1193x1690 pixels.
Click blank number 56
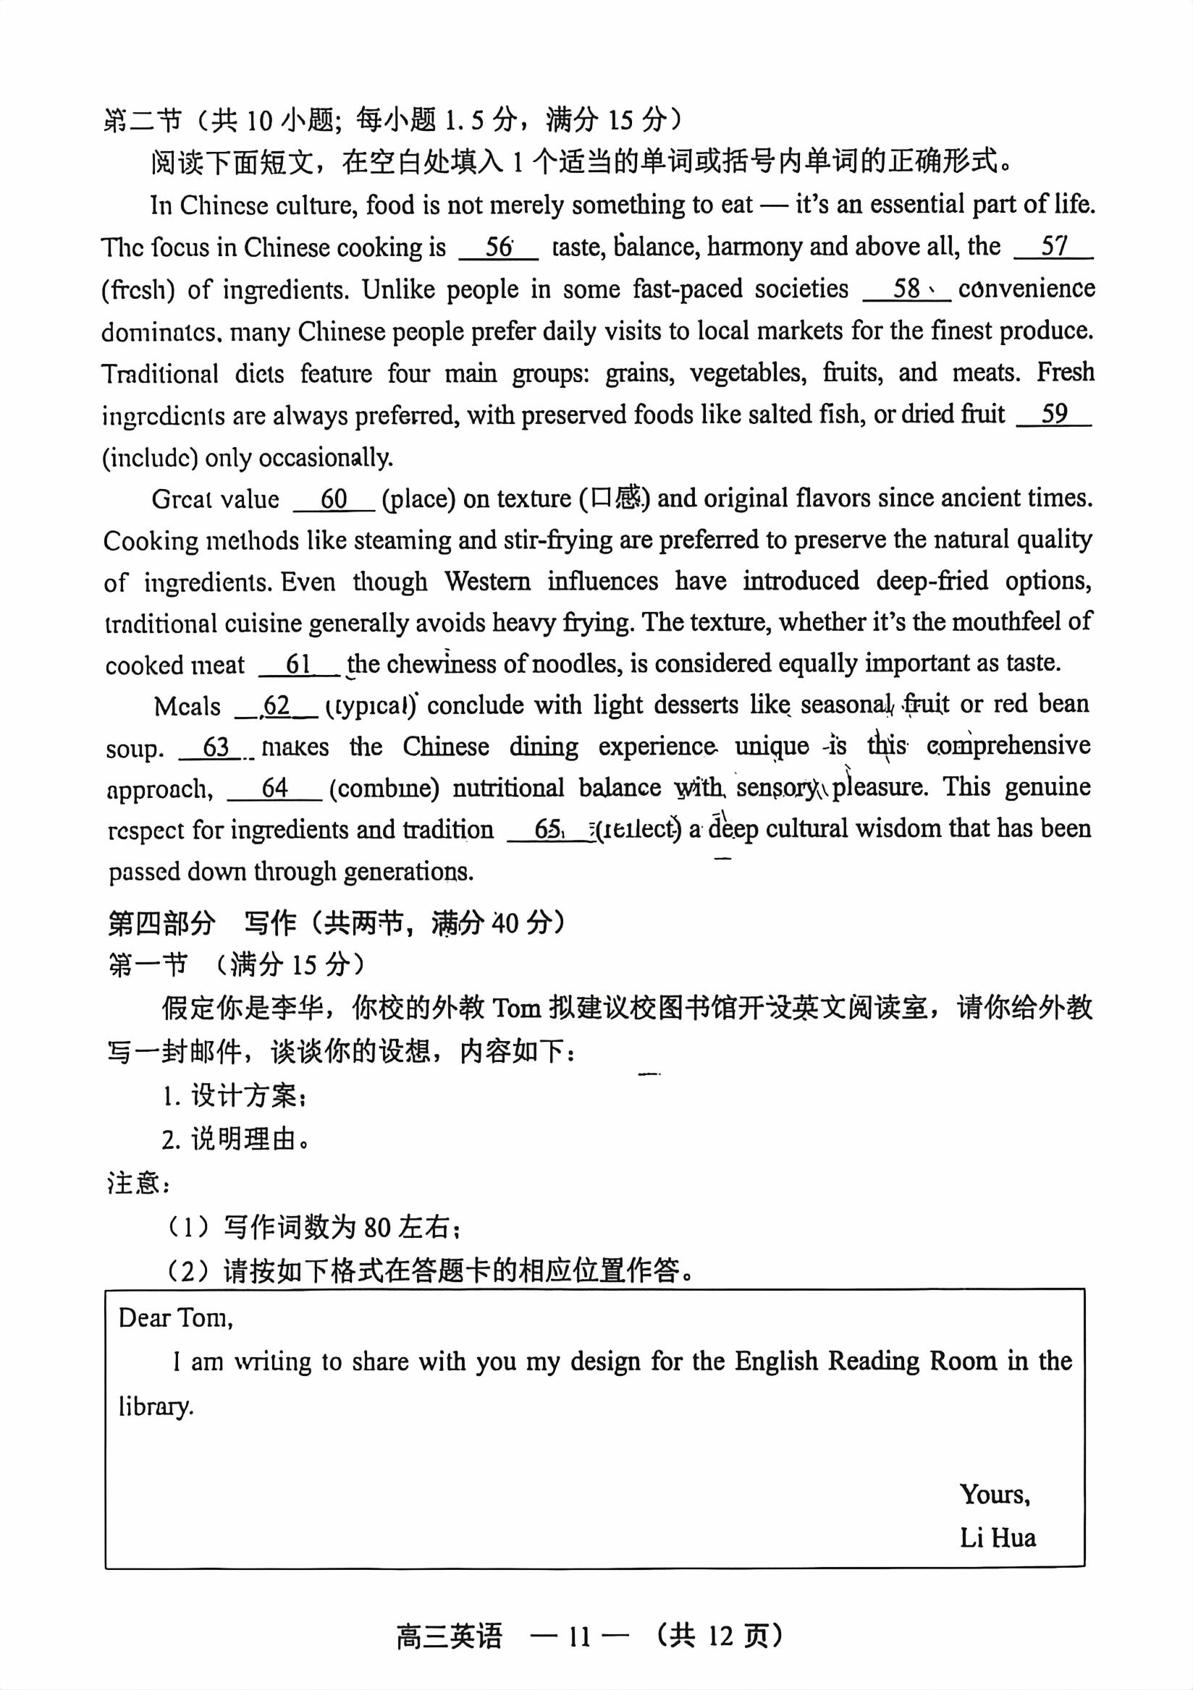(499, 247)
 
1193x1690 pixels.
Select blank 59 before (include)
(1054, 415)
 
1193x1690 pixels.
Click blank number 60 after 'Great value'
(334, 499)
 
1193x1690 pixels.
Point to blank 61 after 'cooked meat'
(298, 665)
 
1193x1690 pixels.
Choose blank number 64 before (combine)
(274, 789)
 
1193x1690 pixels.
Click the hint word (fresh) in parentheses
(138, 290)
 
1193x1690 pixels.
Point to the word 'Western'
(486, 582)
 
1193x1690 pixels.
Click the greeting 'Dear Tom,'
(175, 1317)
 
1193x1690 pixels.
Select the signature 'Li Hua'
(998, 1537)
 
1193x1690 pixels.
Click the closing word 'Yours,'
(995, 1494)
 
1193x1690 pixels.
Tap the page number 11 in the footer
(580, 1636)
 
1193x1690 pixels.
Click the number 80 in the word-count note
(377, 1227)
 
